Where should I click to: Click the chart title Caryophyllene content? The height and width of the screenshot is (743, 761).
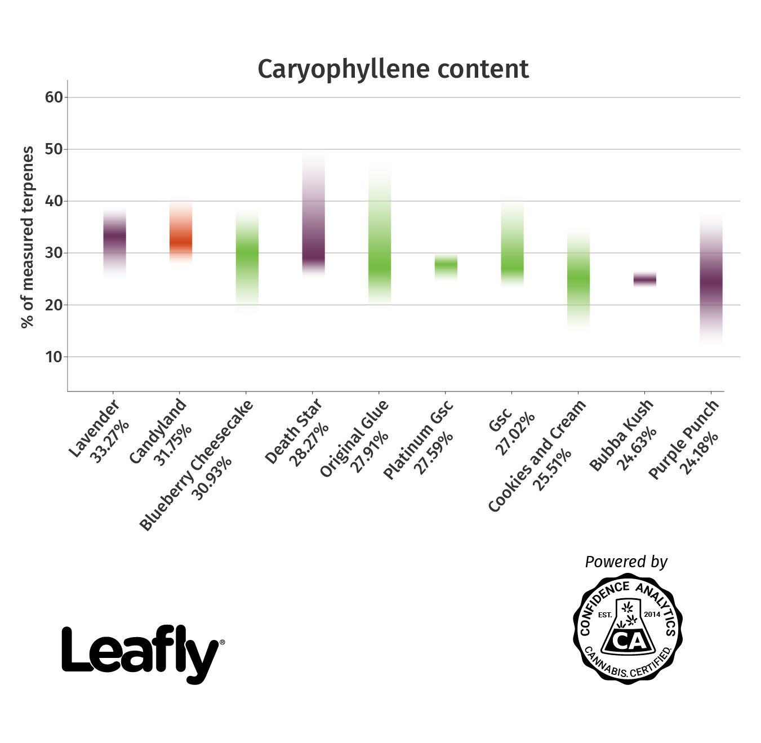click(393, 69)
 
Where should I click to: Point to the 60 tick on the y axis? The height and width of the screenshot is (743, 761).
click(54, 97)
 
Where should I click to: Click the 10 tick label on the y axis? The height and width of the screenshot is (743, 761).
click(54, 357)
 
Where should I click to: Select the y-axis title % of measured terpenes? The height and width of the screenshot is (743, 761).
click(27, 237)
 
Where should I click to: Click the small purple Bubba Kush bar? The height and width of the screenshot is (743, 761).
click(644, 279)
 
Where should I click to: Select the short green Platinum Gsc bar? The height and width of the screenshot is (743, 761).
click(446, 266)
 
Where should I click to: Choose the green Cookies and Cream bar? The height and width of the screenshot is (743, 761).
click(578, 279)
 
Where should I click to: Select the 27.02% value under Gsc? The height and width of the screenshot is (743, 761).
click(514, 433)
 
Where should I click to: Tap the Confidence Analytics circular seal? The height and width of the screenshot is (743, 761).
click(628, 629)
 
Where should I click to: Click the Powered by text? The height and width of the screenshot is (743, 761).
click(626, 562)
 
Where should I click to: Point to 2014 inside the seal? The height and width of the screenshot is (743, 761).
click(652, 614)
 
